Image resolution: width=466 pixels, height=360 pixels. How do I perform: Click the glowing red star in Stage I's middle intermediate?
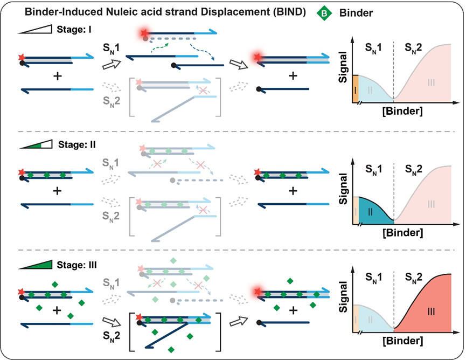[144, 33]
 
